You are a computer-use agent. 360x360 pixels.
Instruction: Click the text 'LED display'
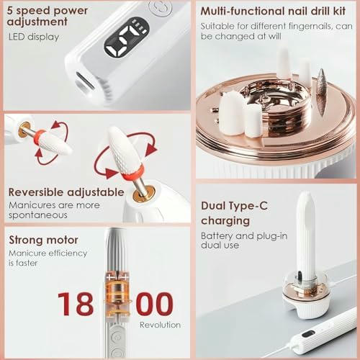point(35,37)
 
